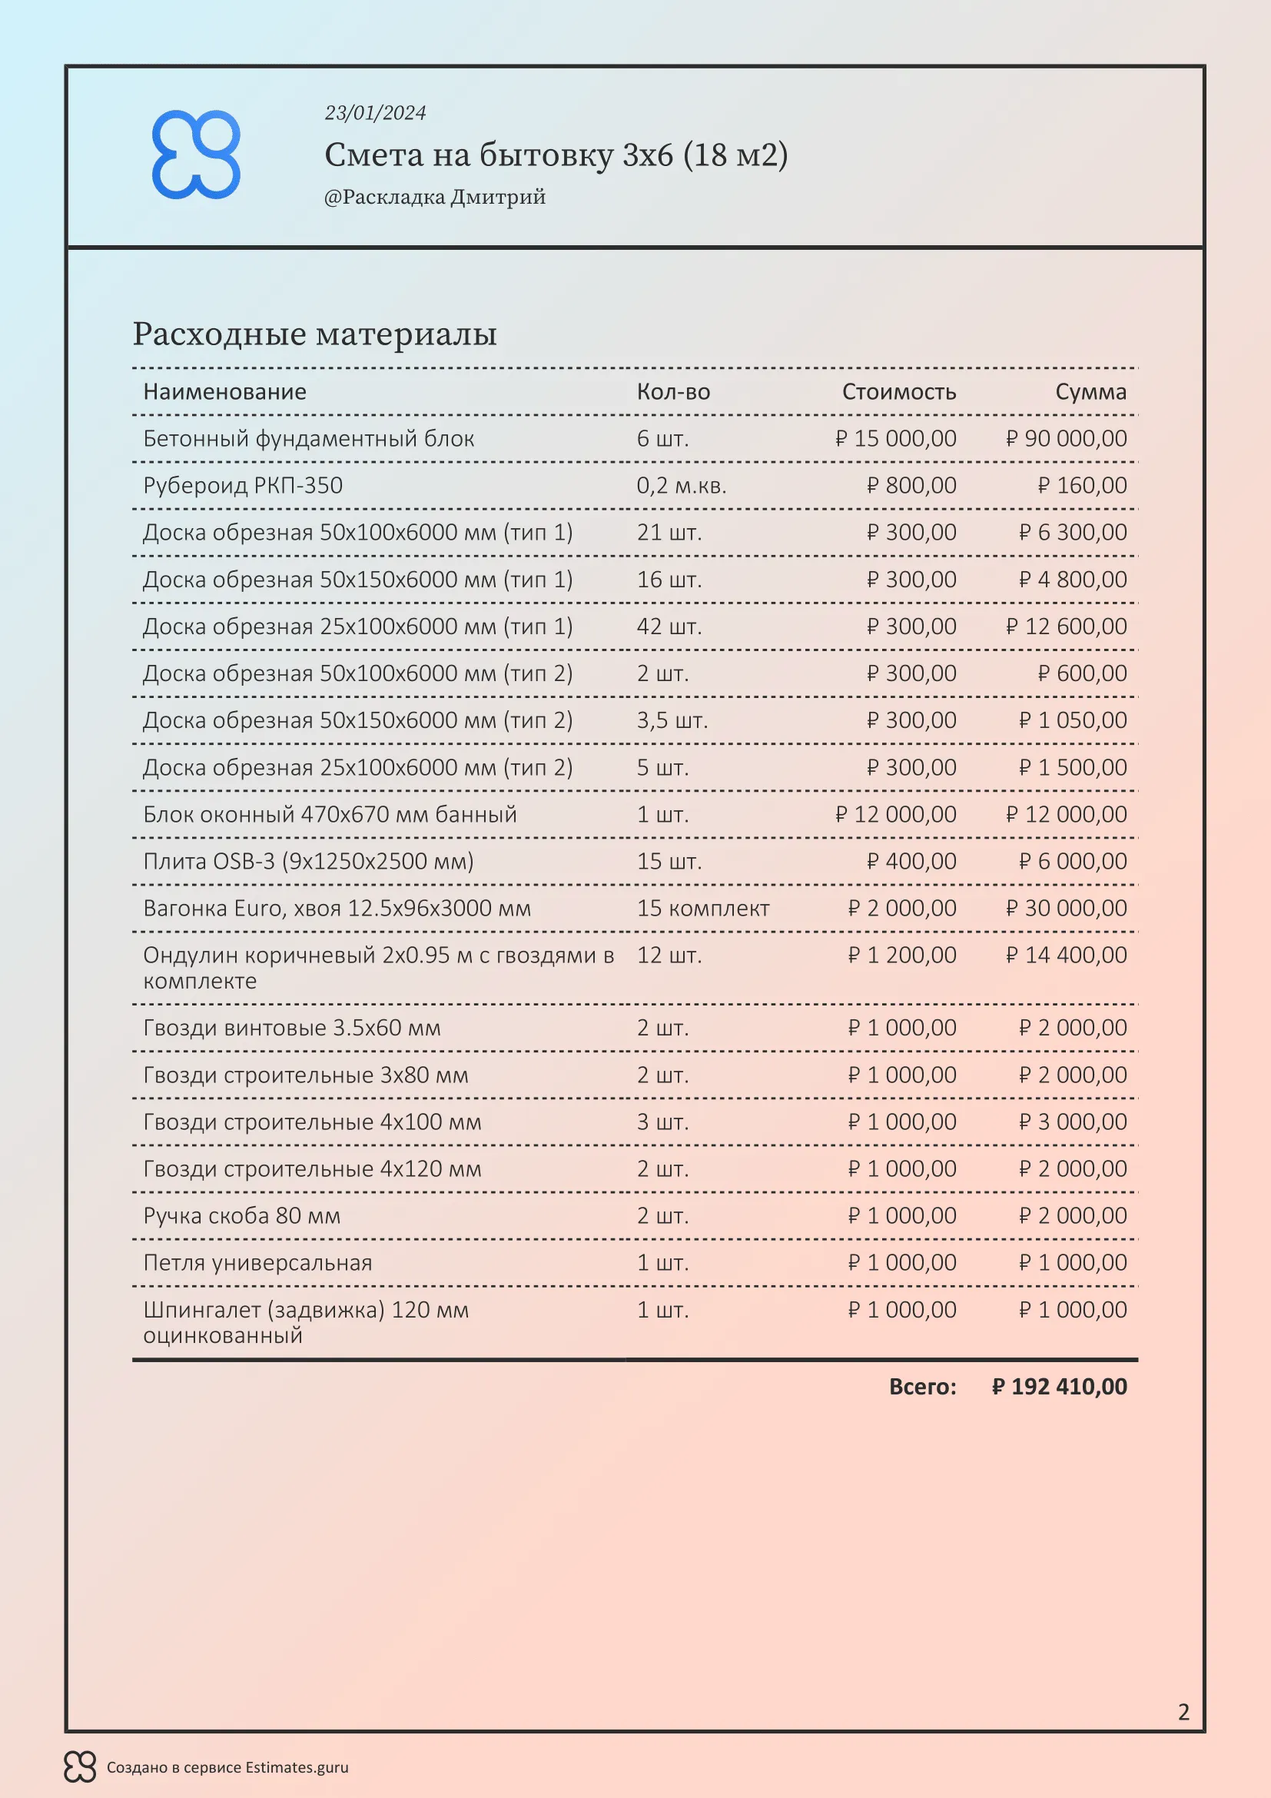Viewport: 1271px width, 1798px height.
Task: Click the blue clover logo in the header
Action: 196,155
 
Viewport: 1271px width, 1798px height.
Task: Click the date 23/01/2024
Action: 375,113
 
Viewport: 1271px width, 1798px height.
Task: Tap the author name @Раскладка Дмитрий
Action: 434,197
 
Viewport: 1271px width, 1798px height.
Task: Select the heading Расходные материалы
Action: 314,334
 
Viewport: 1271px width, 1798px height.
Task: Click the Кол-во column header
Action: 673,391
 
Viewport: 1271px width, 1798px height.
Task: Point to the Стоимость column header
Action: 898,391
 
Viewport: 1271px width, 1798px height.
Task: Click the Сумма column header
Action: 1090,391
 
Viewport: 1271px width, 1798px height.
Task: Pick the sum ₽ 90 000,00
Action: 1066,438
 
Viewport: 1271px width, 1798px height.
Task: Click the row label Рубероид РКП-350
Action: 243,486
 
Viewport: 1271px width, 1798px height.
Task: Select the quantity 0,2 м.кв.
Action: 681,486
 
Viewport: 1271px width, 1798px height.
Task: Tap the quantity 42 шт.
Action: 669,626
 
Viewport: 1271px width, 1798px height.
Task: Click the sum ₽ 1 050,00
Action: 1072,720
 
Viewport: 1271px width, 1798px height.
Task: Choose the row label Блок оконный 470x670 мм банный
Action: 330,814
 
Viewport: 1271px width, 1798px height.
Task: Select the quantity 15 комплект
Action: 703,909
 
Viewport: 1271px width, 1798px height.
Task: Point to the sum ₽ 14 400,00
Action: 1066,955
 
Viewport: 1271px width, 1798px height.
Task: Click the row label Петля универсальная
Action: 257,1262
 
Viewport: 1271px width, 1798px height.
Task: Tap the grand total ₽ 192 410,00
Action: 1059,1387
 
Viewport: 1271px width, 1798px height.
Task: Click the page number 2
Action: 1183,1712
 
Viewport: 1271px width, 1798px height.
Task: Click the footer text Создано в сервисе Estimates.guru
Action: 227,1767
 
